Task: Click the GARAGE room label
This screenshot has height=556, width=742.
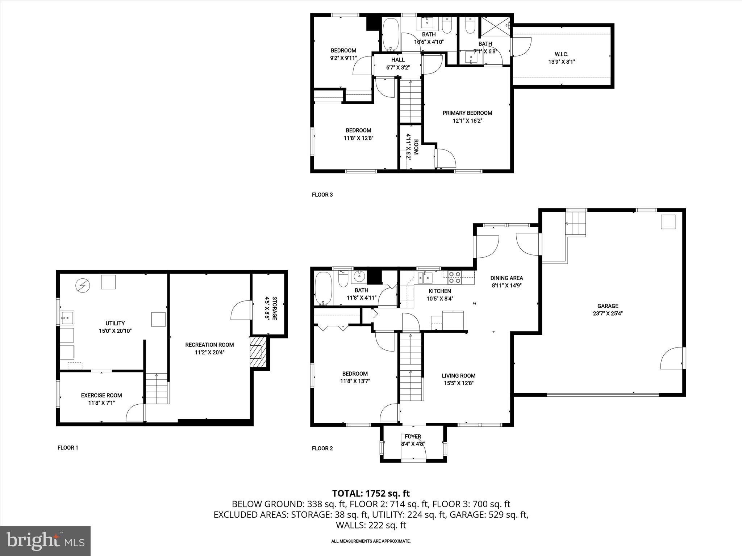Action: [608, 306]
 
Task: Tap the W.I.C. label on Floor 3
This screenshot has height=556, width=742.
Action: [561, 54]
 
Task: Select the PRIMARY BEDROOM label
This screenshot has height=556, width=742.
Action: [467, 113]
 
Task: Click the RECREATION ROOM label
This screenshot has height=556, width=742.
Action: [209, 345]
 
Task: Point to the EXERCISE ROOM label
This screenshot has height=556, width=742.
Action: [101, 395]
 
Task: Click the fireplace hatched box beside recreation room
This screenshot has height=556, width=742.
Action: [258, 352]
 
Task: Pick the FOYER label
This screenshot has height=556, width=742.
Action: [413, 437]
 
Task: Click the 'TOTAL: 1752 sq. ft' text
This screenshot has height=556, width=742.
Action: [371, 493]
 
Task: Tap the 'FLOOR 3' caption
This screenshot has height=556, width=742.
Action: [322, 195]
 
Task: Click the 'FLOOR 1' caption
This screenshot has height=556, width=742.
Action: [68, 448]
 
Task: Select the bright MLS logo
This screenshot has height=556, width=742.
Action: [45, 541]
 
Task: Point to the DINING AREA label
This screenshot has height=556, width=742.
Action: [507, 278]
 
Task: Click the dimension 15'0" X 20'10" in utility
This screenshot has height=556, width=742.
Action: [115, 331]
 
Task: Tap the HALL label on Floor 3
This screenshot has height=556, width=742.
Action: [397, 60]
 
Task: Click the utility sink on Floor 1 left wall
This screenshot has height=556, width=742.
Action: [67, 318]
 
